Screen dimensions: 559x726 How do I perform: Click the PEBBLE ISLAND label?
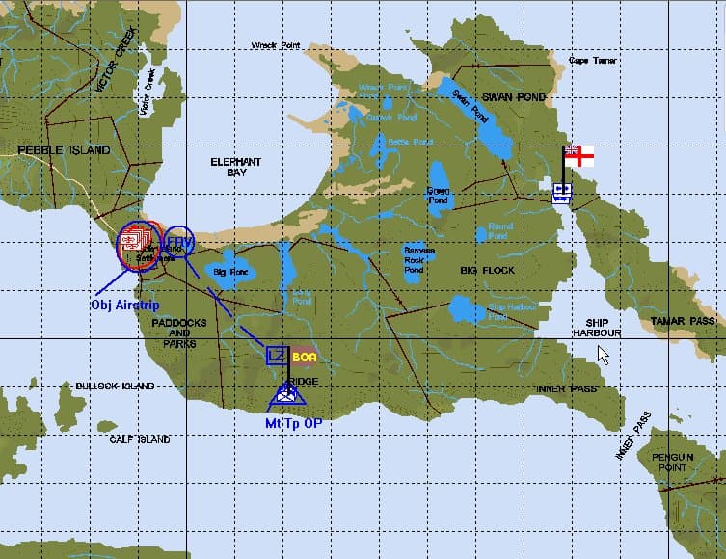(x=64, y=150)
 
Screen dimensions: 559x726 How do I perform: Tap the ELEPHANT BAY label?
(x=236, y=167)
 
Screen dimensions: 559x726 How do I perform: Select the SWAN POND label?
(x=514, y=97)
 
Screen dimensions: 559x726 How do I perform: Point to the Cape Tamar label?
(x=592, y=61)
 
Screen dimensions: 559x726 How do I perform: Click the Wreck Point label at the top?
(x=276, y=45)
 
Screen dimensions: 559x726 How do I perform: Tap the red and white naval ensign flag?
(x=578, y=154)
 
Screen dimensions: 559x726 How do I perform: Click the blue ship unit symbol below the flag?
(x=561, y=193)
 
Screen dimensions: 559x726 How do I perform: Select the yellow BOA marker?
(x=304, y=356)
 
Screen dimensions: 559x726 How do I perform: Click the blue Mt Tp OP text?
(x=294, y=422)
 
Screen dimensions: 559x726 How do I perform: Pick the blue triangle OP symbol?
(x=286, y=393)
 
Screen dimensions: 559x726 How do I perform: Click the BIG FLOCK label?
(x=487, y=271)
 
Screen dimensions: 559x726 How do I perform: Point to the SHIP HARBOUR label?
(x=596, y=328)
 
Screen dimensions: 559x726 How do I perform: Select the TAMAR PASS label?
(x=683, y=321)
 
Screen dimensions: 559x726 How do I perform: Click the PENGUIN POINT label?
(x=672, y=462)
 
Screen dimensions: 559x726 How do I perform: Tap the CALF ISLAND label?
(x=140, y=439)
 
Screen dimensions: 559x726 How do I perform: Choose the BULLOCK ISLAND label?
(x=115, y=386)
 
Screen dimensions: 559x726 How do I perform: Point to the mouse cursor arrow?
(x=603, y=353)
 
